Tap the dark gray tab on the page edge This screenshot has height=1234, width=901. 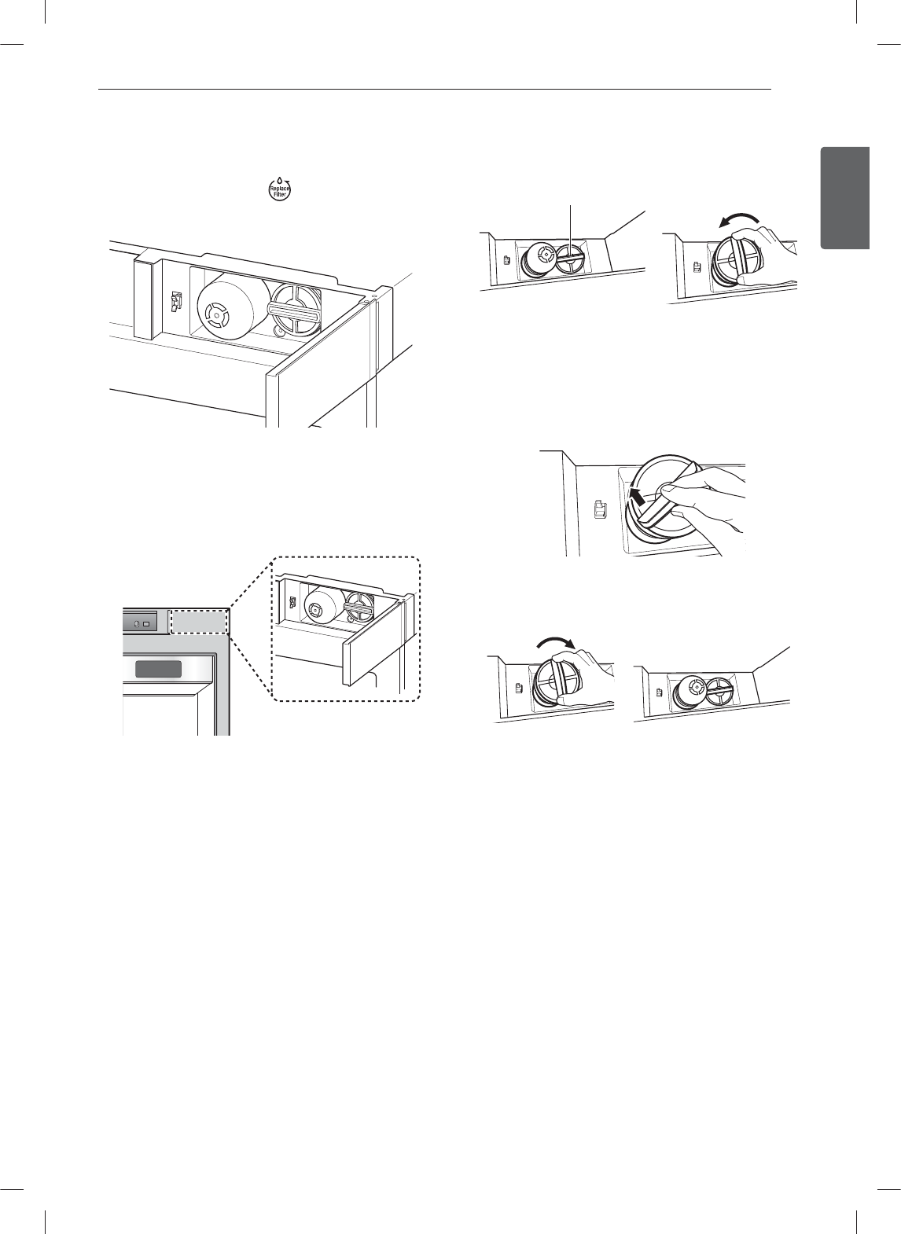tap(845, 197)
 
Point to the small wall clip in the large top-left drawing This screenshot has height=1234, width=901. tap(176, 301)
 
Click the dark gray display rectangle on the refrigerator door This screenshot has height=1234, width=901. tap(158, 670)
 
